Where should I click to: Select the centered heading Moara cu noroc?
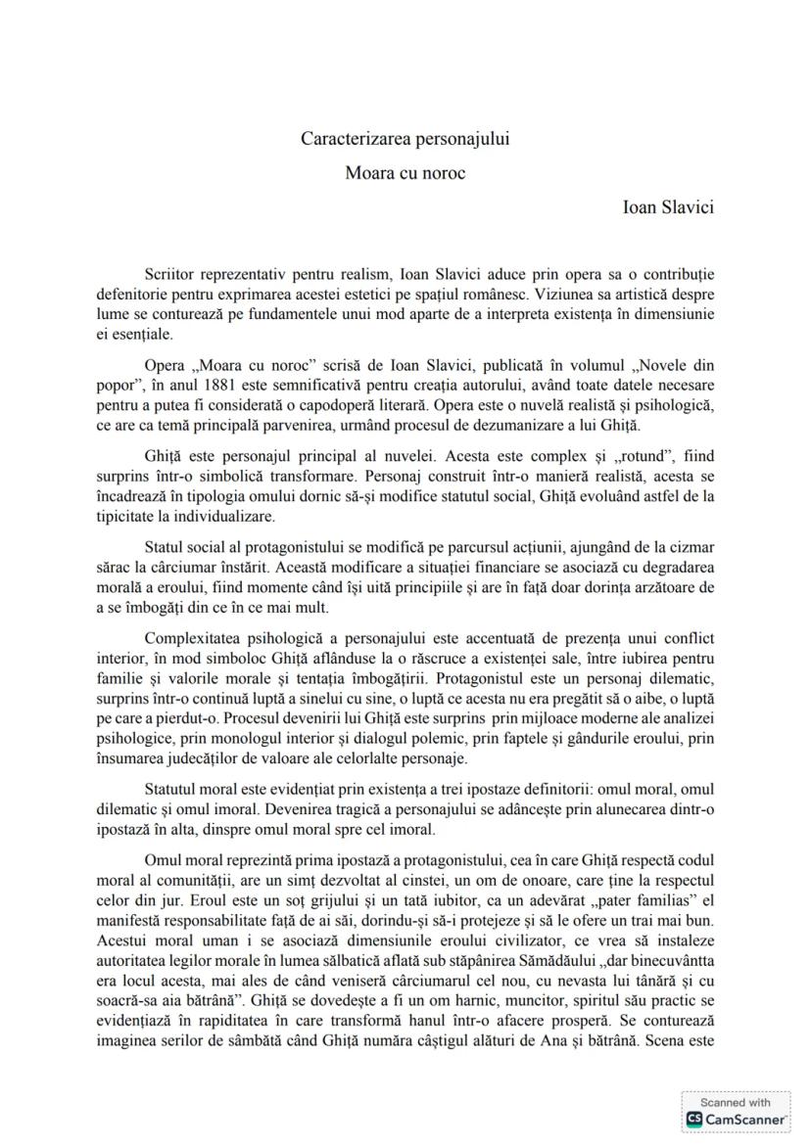(405, 173)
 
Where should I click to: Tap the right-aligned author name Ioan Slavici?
(668, 207)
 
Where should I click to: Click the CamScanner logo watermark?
(735, 1111)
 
